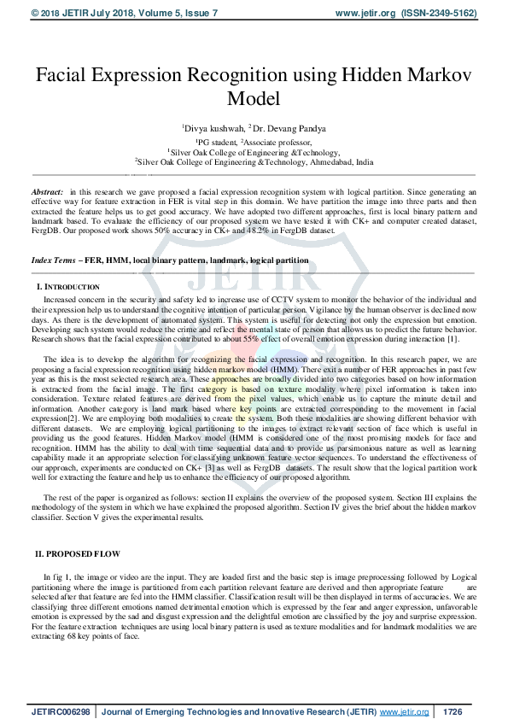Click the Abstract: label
point(47,194)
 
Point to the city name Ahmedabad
point(324,161)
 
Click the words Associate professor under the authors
point(275,141)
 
